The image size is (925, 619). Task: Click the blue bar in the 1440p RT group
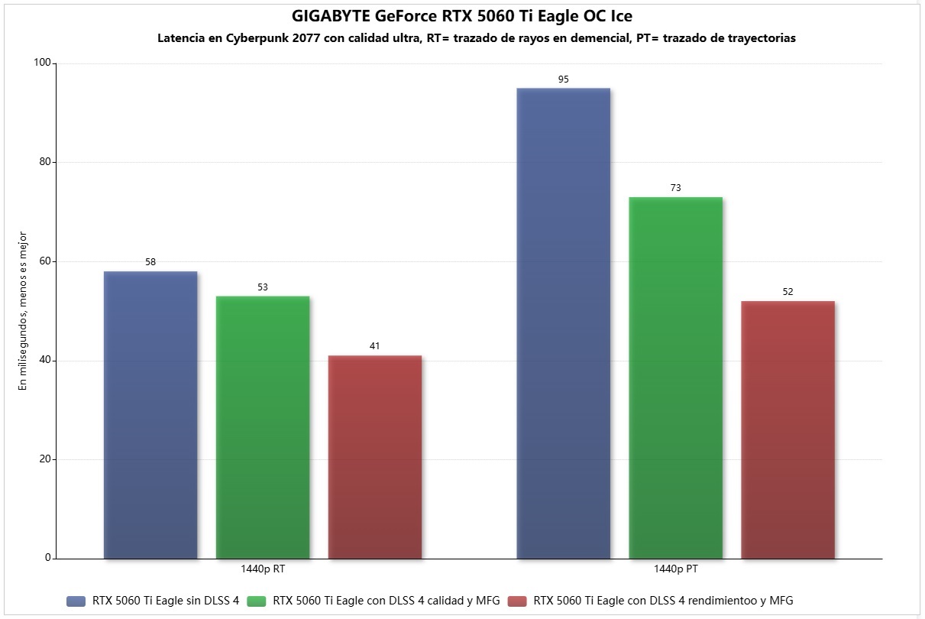click(150, 415)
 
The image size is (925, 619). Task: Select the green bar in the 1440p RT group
click(263, 427)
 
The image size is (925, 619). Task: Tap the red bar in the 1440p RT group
click(375, 457)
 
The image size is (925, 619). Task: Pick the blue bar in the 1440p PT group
click(564, 323)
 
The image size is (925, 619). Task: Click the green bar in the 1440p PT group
click(676, 378)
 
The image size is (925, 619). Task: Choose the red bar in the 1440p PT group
click(788, 429)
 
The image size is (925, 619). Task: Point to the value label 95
click(564, 79)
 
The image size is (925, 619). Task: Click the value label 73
click(676, 188)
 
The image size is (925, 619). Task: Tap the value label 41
click(375, 346)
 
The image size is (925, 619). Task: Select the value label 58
click(150, 262)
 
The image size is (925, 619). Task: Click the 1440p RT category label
click(263, 570)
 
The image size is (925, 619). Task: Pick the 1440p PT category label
click(676, 570)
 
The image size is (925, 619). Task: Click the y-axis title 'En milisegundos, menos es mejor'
click(23, 310)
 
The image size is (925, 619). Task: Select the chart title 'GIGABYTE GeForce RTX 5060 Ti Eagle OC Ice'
click(462, 16)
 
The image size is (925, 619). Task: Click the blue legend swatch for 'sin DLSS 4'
click(76, 601)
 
